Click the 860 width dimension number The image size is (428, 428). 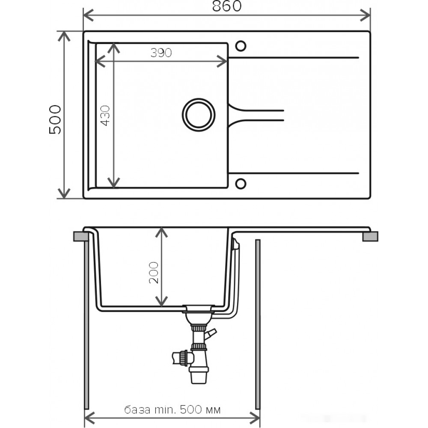point(227,6)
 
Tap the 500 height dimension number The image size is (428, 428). point(55,119)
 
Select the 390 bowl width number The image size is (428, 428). point(161,53)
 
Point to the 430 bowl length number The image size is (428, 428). point(105,116)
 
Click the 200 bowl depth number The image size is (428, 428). point(154,273)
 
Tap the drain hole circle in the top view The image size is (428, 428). point(199,115)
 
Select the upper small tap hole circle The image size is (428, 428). point(241,46)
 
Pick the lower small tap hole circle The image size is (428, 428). point(241,184)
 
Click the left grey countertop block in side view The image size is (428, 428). point(81,236)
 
